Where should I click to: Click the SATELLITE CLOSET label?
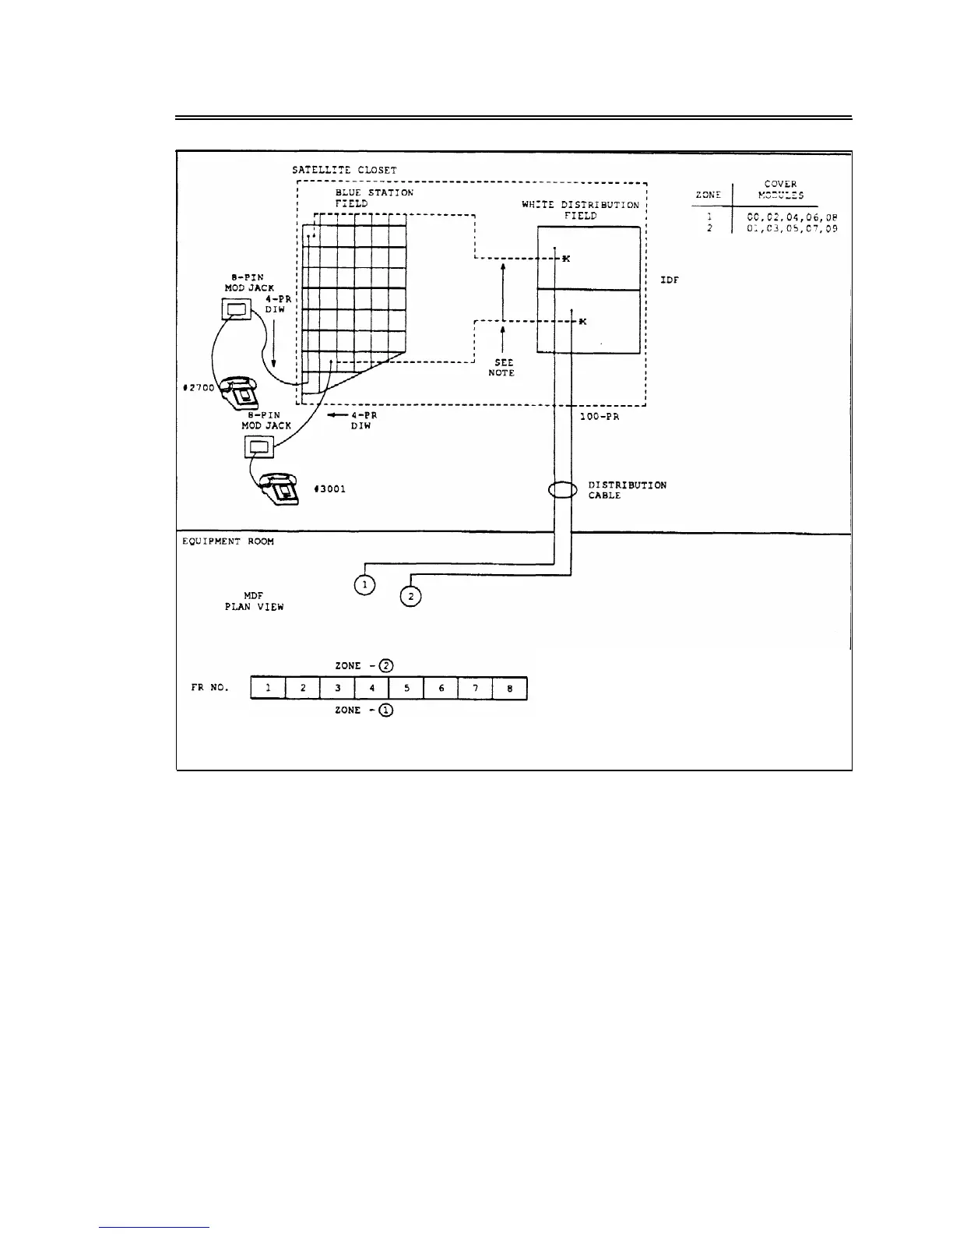tap(344, 170)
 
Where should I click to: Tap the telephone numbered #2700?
tap(241, 391)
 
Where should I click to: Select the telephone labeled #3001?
tap(280, 489)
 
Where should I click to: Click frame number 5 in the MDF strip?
tap(406, 689)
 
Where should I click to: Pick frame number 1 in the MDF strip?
tap(268, 689)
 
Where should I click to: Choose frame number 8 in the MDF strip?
tap(510, 689)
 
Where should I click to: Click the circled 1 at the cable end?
tap(364, 585)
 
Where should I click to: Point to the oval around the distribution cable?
tap(562, 490)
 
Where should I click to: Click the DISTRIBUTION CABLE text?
tap(627, 490)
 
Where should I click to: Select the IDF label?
tap(670, 280)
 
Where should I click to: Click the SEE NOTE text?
tap(502, 368)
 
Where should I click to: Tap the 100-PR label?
tap(600, 417)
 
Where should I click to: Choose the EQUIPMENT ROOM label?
tap(227, 541)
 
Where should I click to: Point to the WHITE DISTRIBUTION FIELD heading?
tap(580, 210)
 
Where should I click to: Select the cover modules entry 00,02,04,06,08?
tap(792, 217)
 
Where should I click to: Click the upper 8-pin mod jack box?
tap(236, 309)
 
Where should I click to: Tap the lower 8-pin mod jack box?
tap(260, 447)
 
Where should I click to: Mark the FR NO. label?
tap(210, 688)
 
